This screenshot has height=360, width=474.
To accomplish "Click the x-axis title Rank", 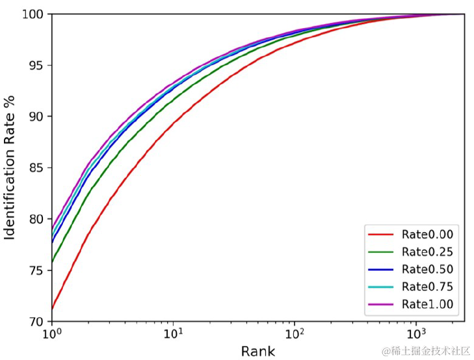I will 258,352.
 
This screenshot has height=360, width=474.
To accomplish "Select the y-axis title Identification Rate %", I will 10,168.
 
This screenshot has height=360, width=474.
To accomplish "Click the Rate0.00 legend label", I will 427,235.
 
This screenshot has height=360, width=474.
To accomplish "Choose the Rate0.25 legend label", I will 427,252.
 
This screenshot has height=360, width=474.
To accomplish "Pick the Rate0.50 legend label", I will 427,269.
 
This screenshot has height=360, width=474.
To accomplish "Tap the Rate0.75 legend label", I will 427,287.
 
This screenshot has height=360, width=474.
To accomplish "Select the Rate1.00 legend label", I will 427,303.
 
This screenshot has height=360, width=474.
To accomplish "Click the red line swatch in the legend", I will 382,235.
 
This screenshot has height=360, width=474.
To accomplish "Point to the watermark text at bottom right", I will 425,351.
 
